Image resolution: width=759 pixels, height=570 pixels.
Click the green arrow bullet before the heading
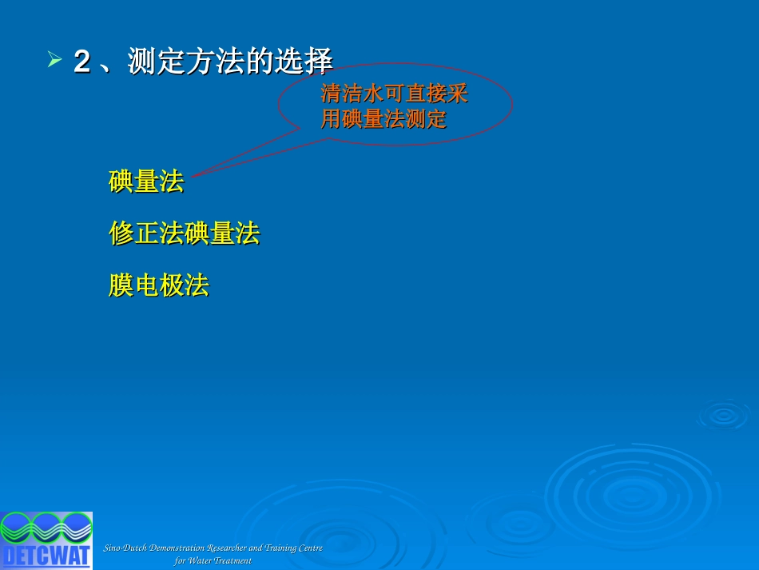[x=54, y=59]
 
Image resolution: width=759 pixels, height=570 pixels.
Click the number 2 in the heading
[x=82, y=62]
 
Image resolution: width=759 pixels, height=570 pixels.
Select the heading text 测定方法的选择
[x=230, y=62]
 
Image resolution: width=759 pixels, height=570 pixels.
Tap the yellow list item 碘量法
[x=146, y=181]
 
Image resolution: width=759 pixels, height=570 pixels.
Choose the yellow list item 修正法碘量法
[x=185, y=233]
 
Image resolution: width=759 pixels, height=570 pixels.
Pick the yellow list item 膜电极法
[x=159, y=285]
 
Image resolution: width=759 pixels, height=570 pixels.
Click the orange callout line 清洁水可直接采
[x=394, y=94]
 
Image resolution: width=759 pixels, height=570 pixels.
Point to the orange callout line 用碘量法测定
[x=383, y=118]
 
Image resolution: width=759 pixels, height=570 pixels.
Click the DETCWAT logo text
[x=46, y=556]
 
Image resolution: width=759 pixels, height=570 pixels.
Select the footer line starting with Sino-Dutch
[x=213, y=548]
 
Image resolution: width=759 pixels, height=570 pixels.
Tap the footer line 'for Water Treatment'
[x=213, y=560]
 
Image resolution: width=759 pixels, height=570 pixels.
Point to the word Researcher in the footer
[x=227, y=548]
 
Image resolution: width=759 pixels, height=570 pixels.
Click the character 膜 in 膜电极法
[x=121, y=285]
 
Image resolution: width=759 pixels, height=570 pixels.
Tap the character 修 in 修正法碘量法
[x=121, y=233]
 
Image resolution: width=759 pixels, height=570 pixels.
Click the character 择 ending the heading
[x=319, y=62]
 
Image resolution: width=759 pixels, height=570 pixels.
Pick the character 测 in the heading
[x=142, y=62]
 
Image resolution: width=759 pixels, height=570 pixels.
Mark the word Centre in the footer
[x=310, y=548]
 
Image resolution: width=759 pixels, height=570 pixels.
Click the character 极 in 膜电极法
[x=171, y=285]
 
